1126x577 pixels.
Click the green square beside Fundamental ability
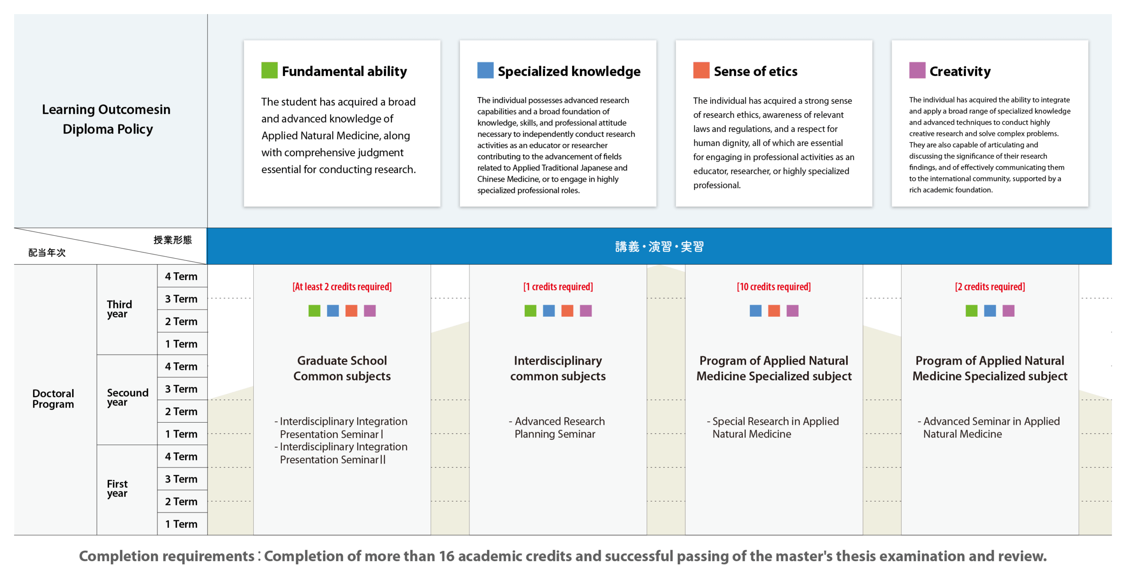(269, 70)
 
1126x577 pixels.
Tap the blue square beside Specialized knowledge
(485, 70)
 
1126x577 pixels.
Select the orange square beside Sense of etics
(701, 70)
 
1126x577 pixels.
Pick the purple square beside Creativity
(917, 70)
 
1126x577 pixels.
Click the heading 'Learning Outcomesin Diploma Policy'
(106, 119)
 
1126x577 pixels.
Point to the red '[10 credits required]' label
(774, 287)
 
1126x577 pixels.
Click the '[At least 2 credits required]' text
(342, 287)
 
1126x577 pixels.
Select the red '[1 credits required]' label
(558, 287)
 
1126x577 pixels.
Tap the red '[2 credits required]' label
(990, 287)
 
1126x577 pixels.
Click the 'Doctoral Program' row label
(53, 399)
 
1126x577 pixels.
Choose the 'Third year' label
(119, 309)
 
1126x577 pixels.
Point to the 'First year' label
(117, 489)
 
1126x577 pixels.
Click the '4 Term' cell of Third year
(181, 277)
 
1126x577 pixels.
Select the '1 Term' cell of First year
(181, 524)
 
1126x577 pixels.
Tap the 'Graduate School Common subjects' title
(342, 369)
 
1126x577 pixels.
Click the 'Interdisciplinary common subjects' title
(558, 369)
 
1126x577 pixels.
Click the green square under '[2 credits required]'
(971, 311)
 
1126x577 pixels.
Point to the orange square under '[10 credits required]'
(774, 311)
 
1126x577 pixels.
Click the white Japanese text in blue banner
(659, 247)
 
